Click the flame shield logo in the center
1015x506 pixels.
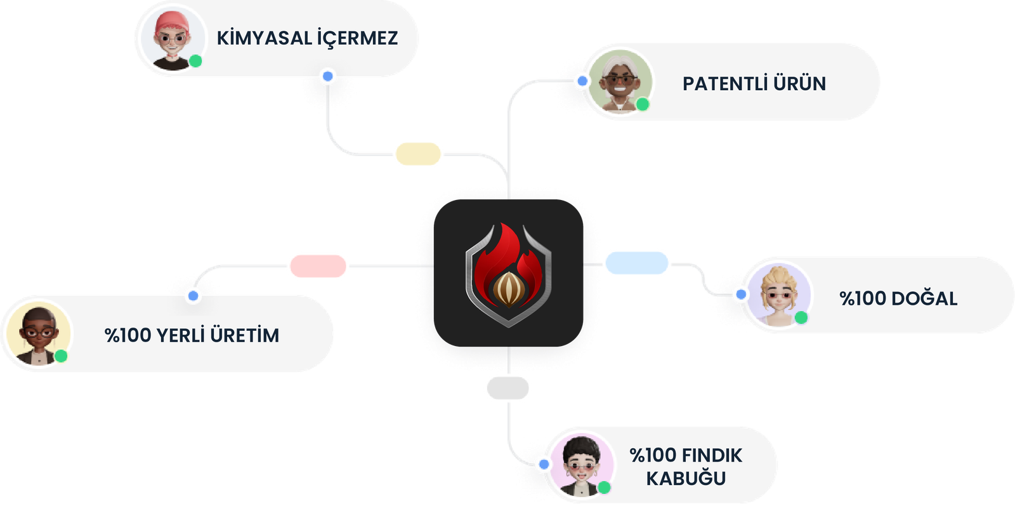508,274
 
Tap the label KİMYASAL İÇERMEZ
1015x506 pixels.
307,38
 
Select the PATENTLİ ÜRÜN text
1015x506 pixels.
754,84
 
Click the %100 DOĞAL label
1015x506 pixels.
898,298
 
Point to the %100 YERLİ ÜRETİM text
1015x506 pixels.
192,335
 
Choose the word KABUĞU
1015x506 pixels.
686,479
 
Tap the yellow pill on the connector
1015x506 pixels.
417,154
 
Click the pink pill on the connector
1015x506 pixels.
318,266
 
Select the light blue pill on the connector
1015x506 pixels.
636,263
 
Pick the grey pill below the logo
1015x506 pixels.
507,388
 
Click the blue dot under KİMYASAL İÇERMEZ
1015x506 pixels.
327,77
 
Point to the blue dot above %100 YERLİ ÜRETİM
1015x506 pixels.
193,296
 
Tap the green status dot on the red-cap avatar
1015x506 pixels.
196,62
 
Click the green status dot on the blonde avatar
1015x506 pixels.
801,317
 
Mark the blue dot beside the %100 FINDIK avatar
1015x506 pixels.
544,465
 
